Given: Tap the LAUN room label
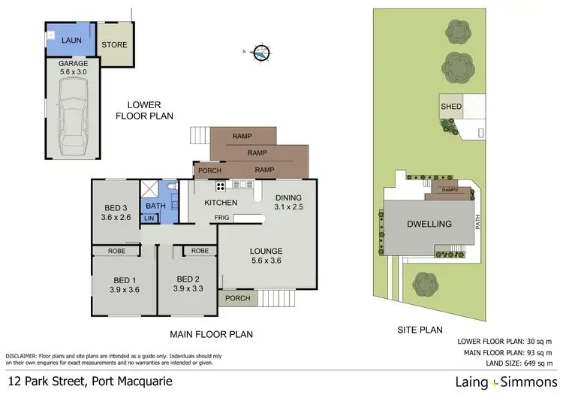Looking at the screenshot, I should pos(72,39).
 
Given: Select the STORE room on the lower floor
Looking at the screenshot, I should pos(114,45).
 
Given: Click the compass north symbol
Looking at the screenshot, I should pos(260,53).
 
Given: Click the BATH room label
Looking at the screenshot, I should pos(155,205).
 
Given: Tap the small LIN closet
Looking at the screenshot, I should pos(149,219).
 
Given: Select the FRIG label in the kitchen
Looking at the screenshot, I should pos(222,217).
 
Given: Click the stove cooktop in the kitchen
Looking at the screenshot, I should pos(221,185).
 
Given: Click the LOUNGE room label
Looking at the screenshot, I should pos(266,251).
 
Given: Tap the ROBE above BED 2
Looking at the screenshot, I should pos(200,251).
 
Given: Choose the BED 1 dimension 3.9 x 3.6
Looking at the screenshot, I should pos(124,289).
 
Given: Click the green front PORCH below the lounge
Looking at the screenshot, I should pos(237,298).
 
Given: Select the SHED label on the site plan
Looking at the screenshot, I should pos(450,107).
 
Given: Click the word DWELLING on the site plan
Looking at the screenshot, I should pos(429,224).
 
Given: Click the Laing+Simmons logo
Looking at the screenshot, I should pos(505,382).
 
